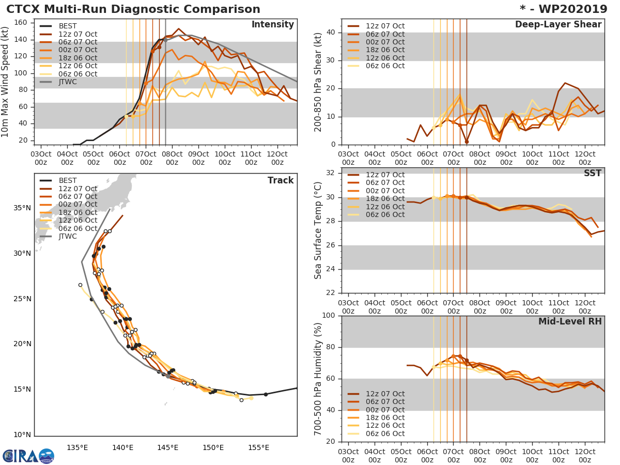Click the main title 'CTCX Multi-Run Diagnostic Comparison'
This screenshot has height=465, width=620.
click(133, 9)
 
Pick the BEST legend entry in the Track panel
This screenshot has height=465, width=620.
click(68, 180)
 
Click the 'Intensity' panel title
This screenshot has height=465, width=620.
click(272, 25)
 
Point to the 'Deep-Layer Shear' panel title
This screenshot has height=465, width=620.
click(558, 25)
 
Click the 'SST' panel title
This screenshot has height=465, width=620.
click(592, 174)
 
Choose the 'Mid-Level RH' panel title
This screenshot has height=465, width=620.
click(570, 322)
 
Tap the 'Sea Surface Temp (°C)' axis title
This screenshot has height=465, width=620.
click(319, 230)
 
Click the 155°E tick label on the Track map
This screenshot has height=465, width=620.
click(258, 447)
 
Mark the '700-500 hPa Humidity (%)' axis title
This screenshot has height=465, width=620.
click(319, 378)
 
